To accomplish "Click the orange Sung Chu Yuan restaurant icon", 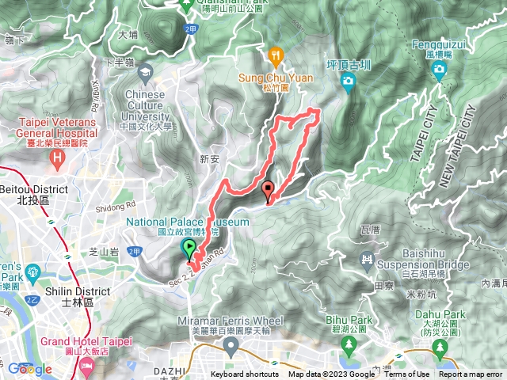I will pyautogui.click(x=276, y=55).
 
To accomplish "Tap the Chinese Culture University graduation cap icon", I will pyautogui.click(x=146, y=74).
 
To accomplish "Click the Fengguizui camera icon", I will pyautogui.click(x=439, y=71).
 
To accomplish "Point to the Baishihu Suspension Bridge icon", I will pyautogui.click(x=366, y=259).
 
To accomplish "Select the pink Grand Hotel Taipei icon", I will pyautogui.click(x=86, y=364).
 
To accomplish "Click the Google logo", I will pyautogui.click(x=29, y=369).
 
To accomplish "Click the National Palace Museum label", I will pyautogui.click(x=187, y=222).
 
